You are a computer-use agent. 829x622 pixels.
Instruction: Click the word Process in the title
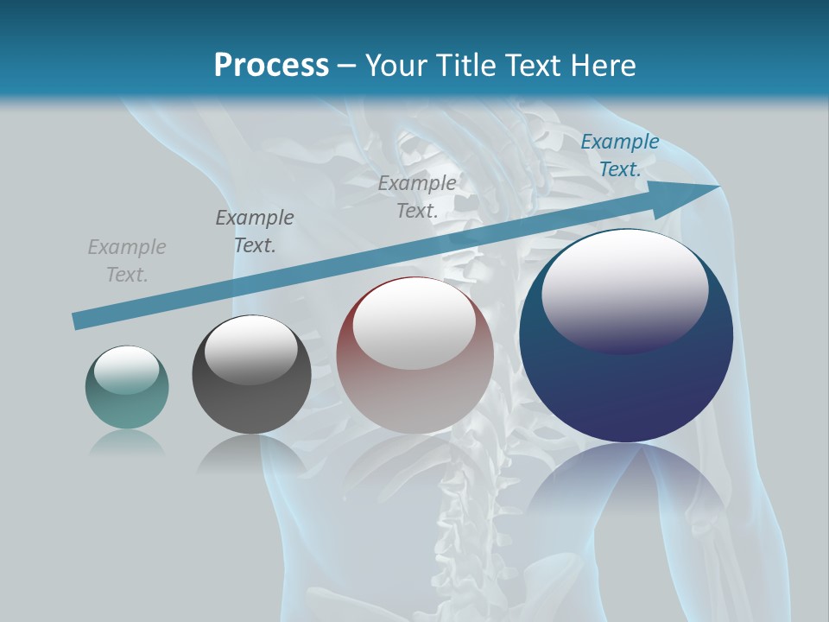pyautogui.click(x=271, y=66)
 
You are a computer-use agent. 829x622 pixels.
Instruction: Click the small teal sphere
pyautogui.click(x=127, y=387)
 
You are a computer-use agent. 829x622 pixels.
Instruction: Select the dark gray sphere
pyautogui.click(x=251, y=375)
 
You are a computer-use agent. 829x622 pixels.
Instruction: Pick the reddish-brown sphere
pyautogui.click(x=414, y=356)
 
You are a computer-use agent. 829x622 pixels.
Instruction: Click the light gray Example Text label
pyautogui.click(x=127, y=261)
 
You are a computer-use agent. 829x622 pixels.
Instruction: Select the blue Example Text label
pyautogui.click(x=619, y=155)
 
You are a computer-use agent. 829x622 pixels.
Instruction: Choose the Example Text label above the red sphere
pyautogui.click(x=417, y=196)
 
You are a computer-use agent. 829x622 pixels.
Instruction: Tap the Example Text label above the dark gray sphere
pyautogui.click(x=255, y=231)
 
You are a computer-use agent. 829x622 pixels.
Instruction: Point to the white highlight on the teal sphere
pyautogui.click(x=126, y=370)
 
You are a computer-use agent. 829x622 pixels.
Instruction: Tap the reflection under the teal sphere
pyautogui.click(x=127, y=442)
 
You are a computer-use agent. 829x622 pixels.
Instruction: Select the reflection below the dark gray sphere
pyautogui.click(x=251, y=454)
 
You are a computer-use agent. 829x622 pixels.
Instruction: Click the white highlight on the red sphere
pyautogui.click(x=414, y=324)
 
